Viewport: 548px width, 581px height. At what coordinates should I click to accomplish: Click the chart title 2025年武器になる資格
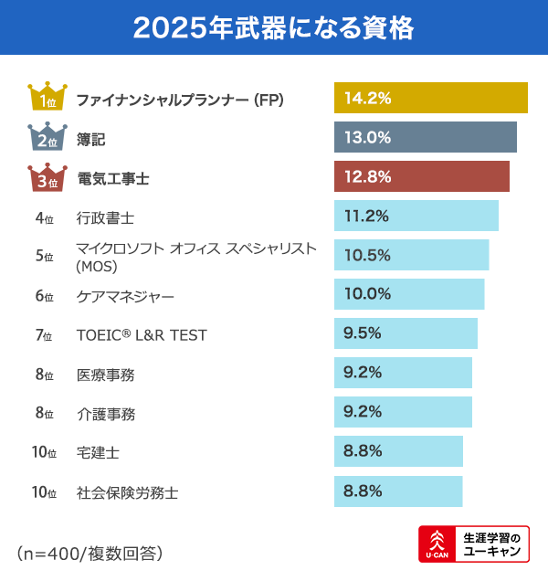tap(273, 27)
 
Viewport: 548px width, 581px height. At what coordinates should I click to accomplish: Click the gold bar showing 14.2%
tap(430, 98)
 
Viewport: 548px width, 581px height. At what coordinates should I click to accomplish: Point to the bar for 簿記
tap(425, 137)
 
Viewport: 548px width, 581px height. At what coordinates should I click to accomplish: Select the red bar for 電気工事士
tap(421, 176)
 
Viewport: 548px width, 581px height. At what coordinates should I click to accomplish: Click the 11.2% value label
tap(367, 216)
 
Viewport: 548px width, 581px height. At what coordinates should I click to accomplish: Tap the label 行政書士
tap(106, 217)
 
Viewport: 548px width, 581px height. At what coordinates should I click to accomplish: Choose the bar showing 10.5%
tap(411, 255)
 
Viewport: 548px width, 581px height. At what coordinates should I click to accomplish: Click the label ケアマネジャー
tap(124, 297)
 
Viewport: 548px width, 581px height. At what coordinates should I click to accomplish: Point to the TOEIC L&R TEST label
tap(142, 335)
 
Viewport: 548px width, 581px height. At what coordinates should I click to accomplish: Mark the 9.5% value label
tap(363, 333)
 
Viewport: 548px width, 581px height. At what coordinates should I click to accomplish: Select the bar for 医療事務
tap(403, 373)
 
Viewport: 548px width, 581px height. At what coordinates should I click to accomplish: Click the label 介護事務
tap(106, 414)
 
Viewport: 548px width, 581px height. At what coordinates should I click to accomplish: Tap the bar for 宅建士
tap(398, 451)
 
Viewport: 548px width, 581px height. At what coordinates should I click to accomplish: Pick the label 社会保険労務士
tap(127, 492)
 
